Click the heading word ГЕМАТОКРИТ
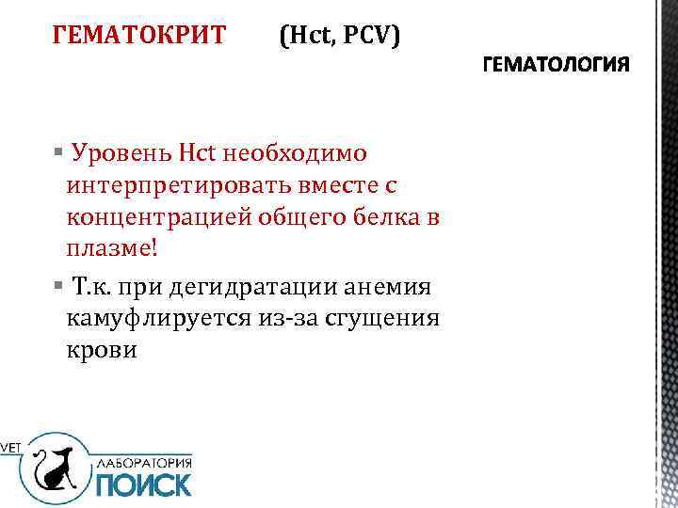(x=139, y=35)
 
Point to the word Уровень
(x=120, y=151)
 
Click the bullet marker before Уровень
(x=58, y=151)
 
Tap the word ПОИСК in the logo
(x=143, y=483)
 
